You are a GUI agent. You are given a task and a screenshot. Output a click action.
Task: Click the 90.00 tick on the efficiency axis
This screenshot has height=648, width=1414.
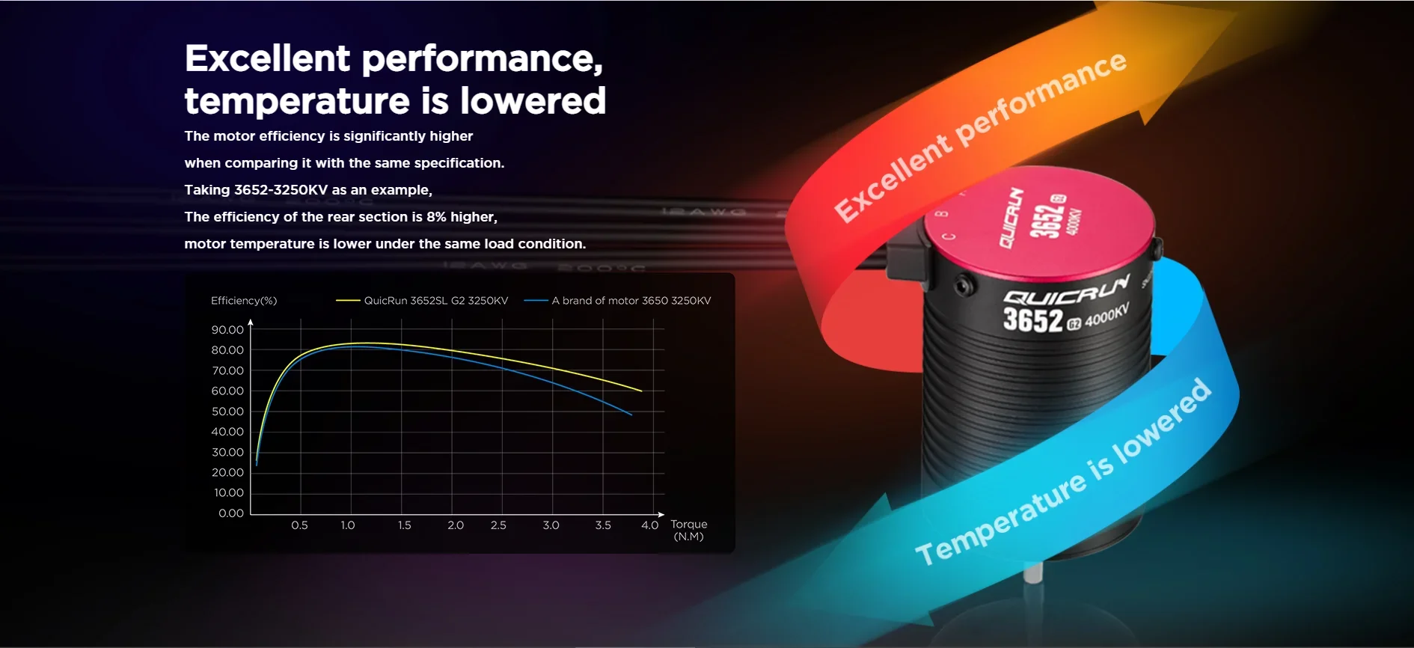[227, 330]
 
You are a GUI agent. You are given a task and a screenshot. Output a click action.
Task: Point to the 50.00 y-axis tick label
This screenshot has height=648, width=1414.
[227, 412]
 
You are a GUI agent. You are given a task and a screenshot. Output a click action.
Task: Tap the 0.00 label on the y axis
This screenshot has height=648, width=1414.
[231, 513]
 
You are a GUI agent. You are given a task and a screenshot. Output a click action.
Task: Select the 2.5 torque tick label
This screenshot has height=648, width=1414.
[498, 525]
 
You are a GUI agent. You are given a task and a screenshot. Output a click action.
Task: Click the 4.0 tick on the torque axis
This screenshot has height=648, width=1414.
[649, 525]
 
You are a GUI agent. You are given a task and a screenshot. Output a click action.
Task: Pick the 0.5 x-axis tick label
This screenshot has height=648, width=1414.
[299, 525]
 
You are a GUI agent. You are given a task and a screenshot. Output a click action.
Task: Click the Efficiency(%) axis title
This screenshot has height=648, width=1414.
[244, 301]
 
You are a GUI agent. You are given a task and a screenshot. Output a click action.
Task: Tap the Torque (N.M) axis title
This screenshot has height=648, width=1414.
[688, 530]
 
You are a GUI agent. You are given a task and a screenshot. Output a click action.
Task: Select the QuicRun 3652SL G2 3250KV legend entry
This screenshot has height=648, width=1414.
[422, 301]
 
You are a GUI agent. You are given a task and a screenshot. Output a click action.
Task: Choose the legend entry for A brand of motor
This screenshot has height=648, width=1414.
[618, 301]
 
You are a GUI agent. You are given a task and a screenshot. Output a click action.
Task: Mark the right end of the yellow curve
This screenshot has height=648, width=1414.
[642, 391]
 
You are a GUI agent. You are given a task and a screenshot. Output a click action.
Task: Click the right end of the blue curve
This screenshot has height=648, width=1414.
[632, 415]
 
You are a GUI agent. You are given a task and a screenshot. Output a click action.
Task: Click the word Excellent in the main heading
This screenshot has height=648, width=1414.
[267, 58]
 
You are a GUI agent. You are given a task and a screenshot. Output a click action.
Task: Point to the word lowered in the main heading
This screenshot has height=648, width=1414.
[533, 101]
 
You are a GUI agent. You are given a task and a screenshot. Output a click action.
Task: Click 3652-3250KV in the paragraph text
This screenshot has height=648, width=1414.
[281, 190]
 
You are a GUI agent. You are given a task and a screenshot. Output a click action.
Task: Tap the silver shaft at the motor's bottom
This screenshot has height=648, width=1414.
[1032, 573]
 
